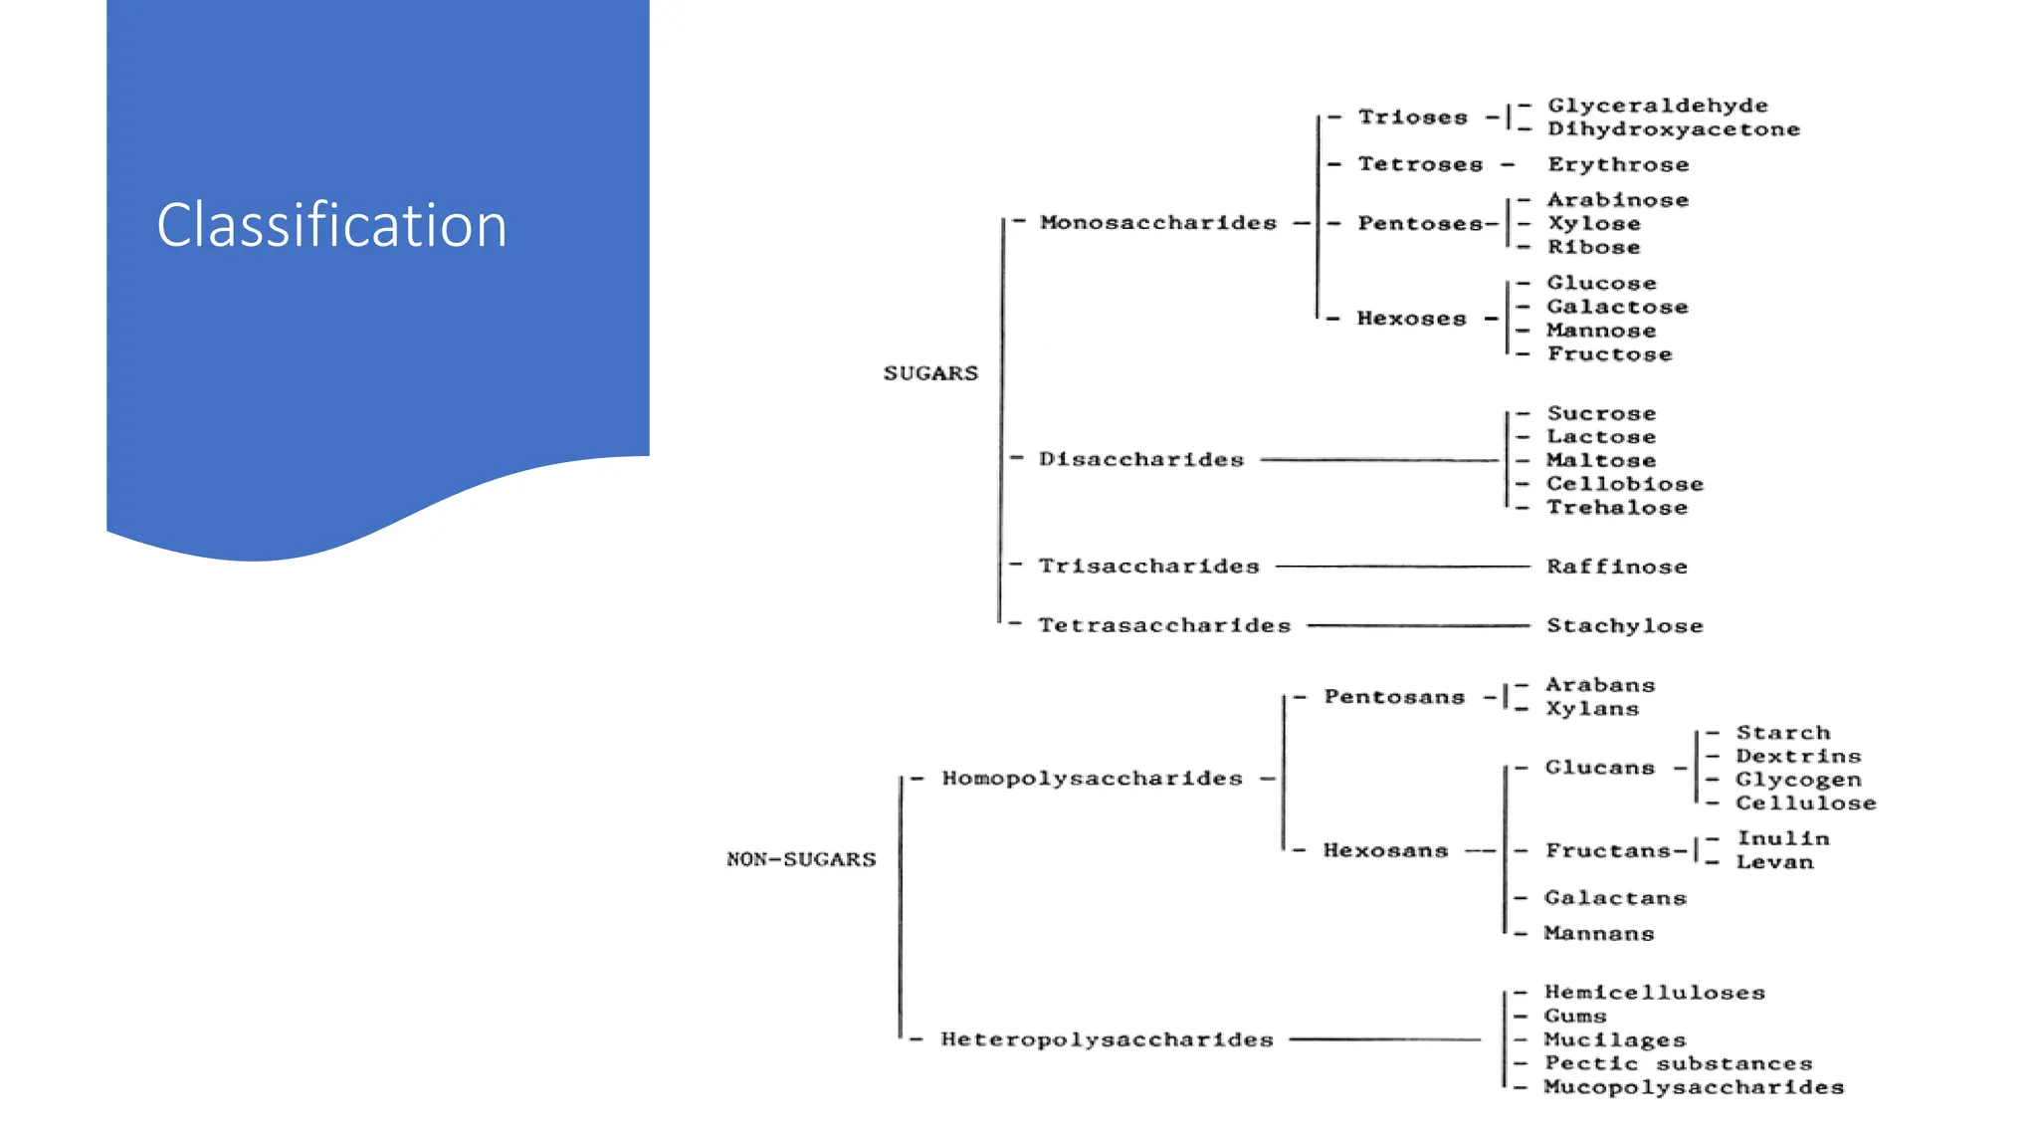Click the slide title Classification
(x=331, y=225)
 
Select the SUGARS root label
(x=930, y=373)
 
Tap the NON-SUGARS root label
(x=801, y=859)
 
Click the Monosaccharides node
(x=1157, y=223)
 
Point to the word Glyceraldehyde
(x=1657, y=106)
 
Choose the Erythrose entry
(x=1617, y=164)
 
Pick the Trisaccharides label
(x=1148, y=567)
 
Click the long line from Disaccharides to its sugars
(x=1378, y=460)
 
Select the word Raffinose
(x=1616, y=567)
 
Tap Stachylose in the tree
(x=1624, y=626)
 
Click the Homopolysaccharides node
(x=1092, y=779)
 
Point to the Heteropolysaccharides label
(x=1107, y=1040)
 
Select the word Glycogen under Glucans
(x=1797, y=780)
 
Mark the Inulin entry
(x=1782, y=838)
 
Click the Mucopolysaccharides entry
(x=1693, y=1087)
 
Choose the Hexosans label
(x=1384, y=850)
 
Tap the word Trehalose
(x=1616, y=508)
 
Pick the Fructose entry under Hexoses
(x=1609, y=354)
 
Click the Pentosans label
(x=1393, y=697)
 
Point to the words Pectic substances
(x=1677, y=1063)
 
